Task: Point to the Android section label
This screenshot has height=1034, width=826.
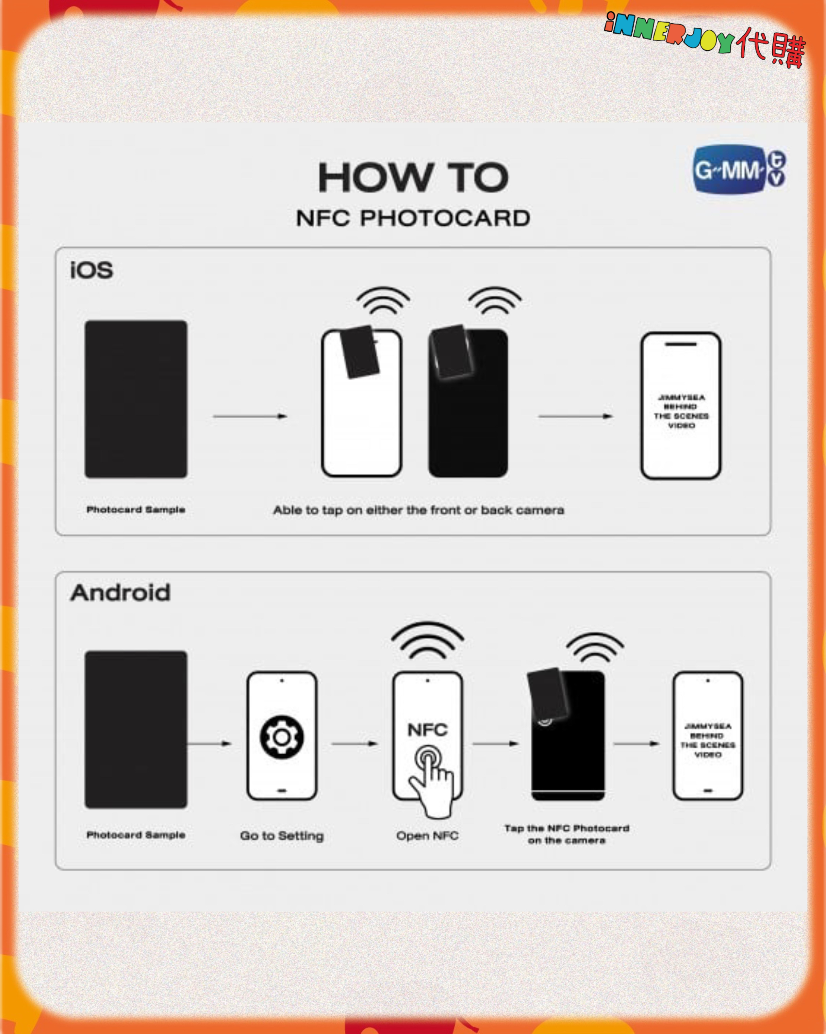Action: [x=120, y=593]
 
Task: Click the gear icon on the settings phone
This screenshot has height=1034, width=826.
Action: [x=282, y=737]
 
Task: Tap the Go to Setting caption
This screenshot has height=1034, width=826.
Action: [x=282, y=836]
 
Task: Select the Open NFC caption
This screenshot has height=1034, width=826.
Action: [x=427, y=836]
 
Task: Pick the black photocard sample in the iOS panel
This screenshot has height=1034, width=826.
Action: [x=136, y=399]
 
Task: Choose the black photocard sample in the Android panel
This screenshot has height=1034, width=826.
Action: [x=136, y=729]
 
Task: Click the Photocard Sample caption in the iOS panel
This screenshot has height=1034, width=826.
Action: [x=136, y=509]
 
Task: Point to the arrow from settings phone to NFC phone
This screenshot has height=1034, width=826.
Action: [x=355, y=744]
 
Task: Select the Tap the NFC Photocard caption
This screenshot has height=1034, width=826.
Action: [x=567, y=834]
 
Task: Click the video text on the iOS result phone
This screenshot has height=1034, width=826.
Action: [x=681, y=411]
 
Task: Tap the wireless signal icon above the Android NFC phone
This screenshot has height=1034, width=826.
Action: [x=428, y=640]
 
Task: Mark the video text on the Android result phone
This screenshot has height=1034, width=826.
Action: [x=708, y=741]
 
